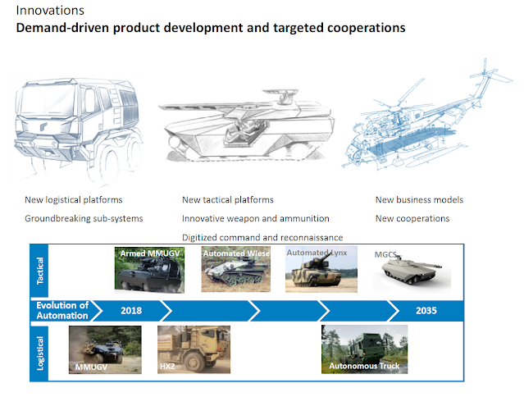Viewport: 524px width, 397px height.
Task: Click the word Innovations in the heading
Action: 50,11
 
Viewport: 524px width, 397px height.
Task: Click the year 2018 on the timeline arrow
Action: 131,311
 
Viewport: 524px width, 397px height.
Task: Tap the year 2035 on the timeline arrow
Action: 426,311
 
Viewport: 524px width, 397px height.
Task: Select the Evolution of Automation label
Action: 62,310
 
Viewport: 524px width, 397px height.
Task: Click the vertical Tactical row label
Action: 39,271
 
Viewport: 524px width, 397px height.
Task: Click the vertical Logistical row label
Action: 39,354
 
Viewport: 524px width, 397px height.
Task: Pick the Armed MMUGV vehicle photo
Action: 149,270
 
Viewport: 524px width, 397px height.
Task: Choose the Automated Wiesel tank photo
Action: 236,269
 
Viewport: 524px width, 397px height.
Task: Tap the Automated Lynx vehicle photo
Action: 321,269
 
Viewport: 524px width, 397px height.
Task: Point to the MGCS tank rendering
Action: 412,271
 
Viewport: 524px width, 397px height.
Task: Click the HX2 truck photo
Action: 194,349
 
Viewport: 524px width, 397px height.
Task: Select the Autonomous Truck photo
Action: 364,349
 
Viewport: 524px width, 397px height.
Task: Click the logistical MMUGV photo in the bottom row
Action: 105,350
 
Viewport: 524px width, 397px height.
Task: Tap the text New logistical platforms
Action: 74,200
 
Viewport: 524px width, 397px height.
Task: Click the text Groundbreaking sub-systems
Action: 84,218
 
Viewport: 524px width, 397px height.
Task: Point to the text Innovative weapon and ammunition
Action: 256,218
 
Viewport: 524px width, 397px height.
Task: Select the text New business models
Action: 419,200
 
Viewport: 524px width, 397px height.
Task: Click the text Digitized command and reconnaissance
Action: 262,238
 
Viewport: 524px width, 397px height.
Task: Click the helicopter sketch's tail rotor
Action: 489,74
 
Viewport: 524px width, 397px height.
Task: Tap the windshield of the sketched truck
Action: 47,100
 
